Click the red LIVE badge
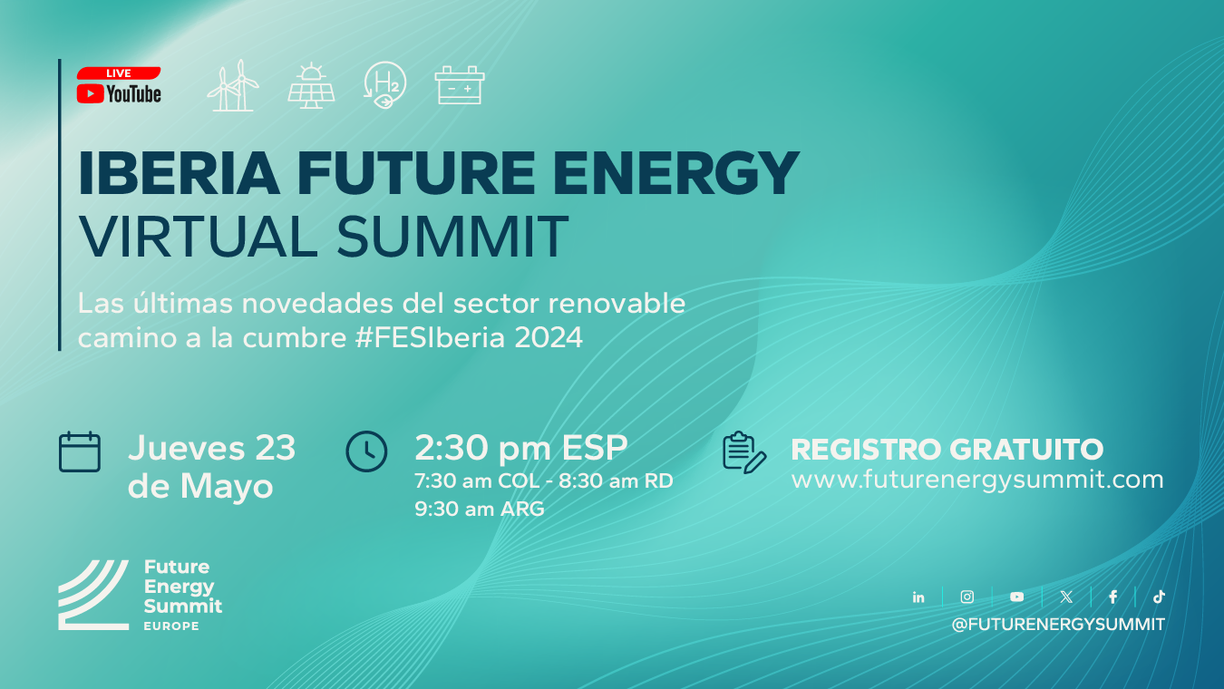point(119,73)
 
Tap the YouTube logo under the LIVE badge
point(119,94)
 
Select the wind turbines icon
point(233,86)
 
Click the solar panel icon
point(311,86)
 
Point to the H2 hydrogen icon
point(385,84)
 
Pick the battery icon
point(460,85)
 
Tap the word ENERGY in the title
point(676,173)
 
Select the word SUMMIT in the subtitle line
point(452,237)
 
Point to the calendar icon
point(80,451)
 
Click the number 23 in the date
point(276,448)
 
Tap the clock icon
point(366,451)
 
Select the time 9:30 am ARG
point(480,509)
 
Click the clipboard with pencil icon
point(744,452)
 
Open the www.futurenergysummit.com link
point(977,480)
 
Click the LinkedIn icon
point(918,597)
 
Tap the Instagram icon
point(967,597)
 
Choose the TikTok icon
point(1159,597)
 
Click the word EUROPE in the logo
point(171,626)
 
